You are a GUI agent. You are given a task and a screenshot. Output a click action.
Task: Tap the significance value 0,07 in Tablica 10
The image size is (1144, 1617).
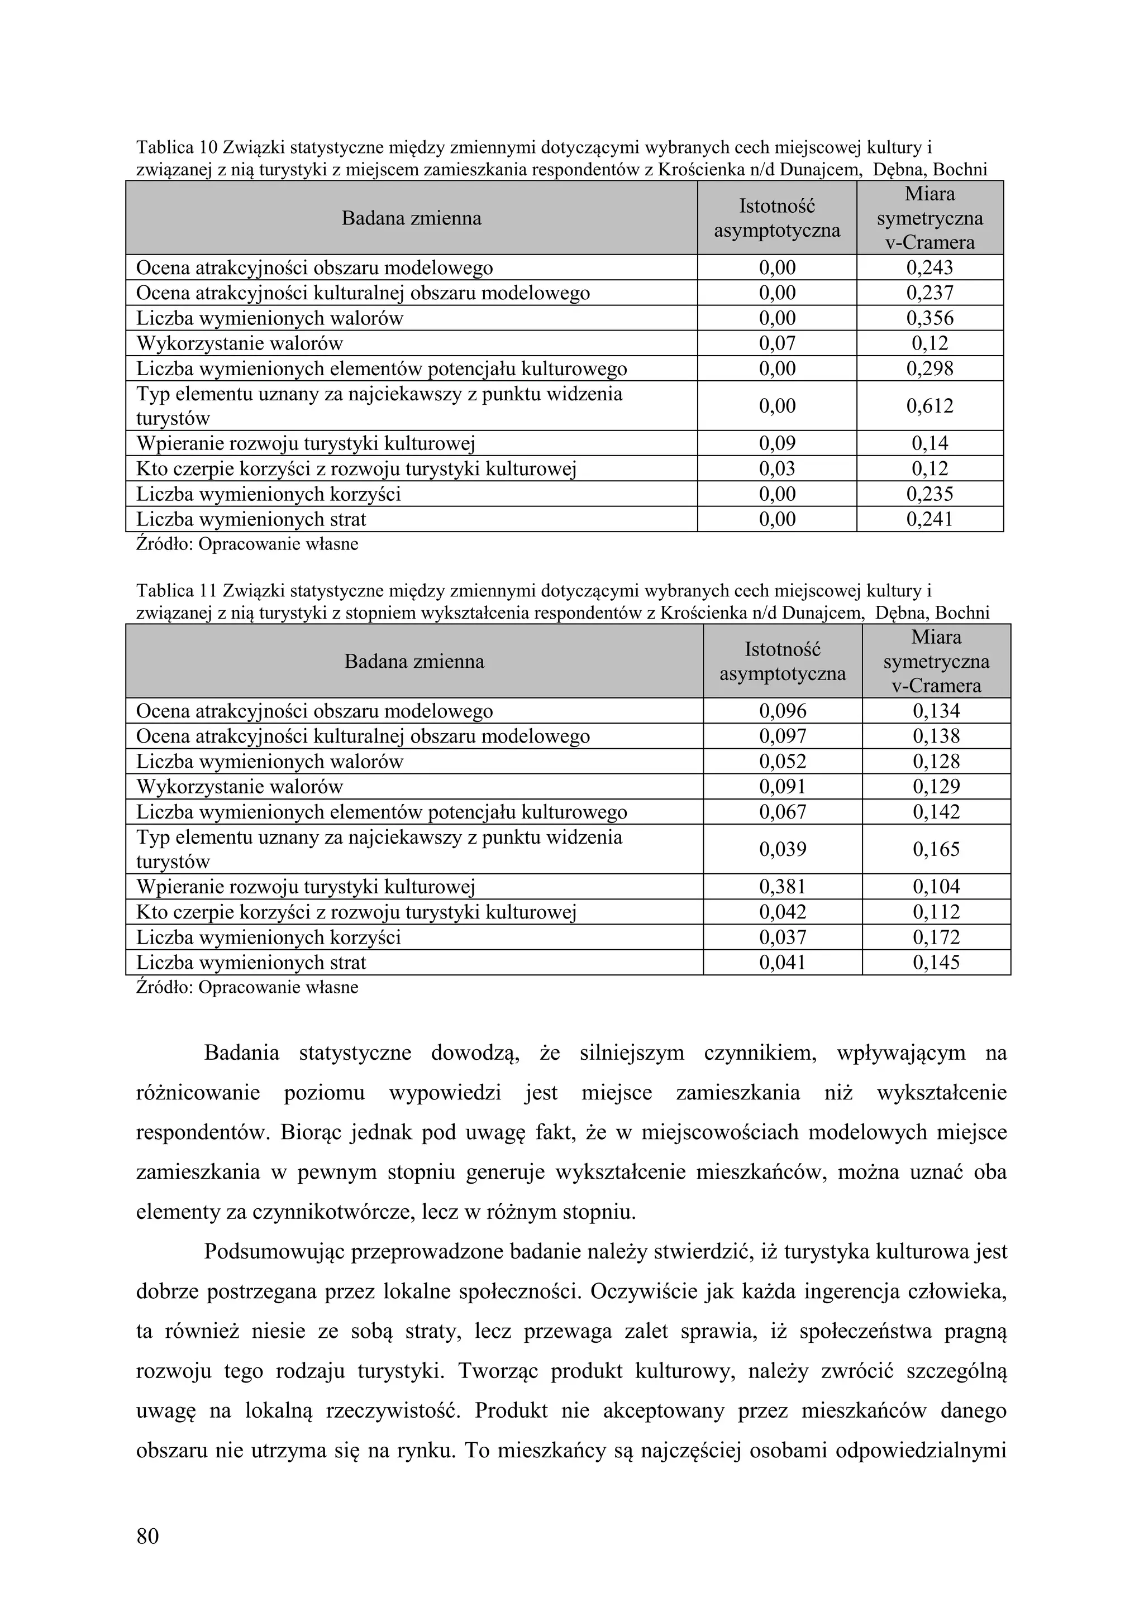point(776,344)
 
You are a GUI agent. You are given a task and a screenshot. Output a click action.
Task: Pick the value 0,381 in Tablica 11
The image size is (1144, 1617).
point(782,887)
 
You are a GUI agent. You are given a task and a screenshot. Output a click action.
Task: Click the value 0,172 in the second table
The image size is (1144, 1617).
point(936,937)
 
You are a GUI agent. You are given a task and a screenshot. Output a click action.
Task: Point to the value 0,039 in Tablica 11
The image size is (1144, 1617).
point(782,849)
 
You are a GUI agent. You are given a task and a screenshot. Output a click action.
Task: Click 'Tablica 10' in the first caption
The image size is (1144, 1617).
point(175,148)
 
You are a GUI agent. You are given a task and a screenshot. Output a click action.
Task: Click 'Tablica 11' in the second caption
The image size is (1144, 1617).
point(175,591)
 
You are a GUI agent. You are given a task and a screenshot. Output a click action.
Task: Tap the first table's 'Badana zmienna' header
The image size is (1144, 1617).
point(411,218)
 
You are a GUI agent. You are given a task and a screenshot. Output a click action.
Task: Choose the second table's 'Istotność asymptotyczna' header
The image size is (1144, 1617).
point(782,661)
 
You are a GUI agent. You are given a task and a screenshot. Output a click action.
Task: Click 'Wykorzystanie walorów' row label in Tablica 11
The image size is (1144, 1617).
point(240,787)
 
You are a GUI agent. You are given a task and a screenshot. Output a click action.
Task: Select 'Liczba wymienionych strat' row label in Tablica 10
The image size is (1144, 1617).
point(251,520)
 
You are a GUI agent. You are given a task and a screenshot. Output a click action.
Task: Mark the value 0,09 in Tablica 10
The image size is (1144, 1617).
point(776,444)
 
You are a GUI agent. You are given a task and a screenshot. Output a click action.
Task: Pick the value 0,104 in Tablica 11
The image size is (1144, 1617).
point(936,887)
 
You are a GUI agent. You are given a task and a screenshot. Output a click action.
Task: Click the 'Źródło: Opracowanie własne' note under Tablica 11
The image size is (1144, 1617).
point(246,987)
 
